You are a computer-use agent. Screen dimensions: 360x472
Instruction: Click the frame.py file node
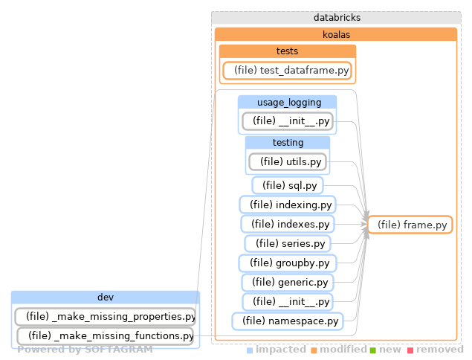click(411, 225)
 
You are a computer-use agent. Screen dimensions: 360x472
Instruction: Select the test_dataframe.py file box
click(288, 71)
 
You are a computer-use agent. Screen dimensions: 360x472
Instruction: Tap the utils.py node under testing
click(288, 161)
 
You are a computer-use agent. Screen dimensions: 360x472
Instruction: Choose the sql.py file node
click(287, 184)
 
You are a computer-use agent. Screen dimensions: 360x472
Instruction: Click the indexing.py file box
click(287, 205)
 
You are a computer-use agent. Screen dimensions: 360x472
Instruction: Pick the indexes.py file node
click(287, 224)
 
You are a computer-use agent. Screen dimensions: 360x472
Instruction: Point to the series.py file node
click(287, 243)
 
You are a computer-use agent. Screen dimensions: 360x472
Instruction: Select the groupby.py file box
click(287, 263)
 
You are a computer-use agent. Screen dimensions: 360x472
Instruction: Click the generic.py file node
click(287, 282)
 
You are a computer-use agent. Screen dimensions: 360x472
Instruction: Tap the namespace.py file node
click(287, 321)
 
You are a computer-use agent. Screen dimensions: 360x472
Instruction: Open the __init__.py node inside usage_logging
click(287, 120)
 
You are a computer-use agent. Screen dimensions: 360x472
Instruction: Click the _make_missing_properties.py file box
click(105, 316)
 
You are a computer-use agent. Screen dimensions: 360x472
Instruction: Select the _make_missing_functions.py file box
click(105, 335)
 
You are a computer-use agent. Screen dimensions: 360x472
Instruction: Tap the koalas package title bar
click(335, 34)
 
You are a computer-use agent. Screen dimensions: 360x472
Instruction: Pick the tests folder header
click(287, 51)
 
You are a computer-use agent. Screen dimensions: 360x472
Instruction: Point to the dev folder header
click(105, 298)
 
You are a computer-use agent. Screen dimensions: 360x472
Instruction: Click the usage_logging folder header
click(287, 102)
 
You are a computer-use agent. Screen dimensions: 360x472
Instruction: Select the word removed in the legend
click(439, 349)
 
